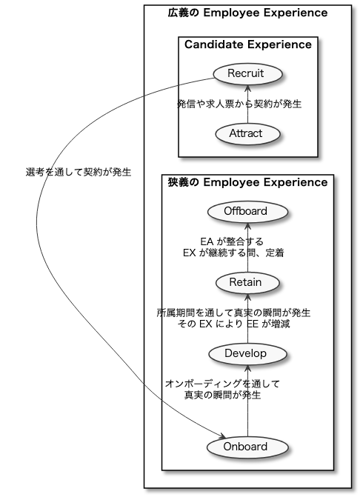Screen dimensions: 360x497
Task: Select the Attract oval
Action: tap(248, 134)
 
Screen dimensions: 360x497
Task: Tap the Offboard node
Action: tap(248, 212)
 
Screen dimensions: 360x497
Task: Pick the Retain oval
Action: tap(247, 283)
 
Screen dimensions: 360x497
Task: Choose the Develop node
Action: tap(247, 354)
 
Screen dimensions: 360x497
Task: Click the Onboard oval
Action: tap(247, 447)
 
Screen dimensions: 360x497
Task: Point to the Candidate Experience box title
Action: tap(248, 44)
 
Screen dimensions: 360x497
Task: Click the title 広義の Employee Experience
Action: tap(248, 13)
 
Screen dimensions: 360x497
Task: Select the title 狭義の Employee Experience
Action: tap(248, 182)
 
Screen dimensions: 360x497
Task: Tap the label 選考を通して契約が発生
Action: tap(79, 172)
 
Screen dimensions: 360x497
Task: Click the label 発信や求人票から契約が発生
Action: tap(239, 104)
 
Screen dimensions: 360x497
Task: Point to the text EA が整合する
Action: tap(232, 241)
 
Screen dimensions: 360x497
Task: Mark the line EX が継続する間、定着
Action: tap(233, 253)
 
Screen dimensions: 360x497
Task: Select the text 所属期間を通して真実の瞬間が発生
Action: tap(233, 313)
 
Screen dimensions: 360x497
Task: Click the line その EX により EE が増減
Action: tap(233, 324)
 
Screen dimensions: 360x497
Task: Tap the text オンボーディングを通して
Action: tap(222, 384)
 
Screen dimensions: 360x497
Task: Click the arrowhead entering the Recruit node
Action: tap(248, 88)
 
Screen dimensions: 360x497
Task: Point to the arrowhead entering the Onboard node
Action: tap(221, 436)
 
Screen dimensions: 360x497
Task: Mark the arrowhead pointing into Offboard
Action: tap(248, 226)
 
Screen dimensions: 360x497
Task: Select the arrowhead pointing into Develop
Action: tap(248, 368)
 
